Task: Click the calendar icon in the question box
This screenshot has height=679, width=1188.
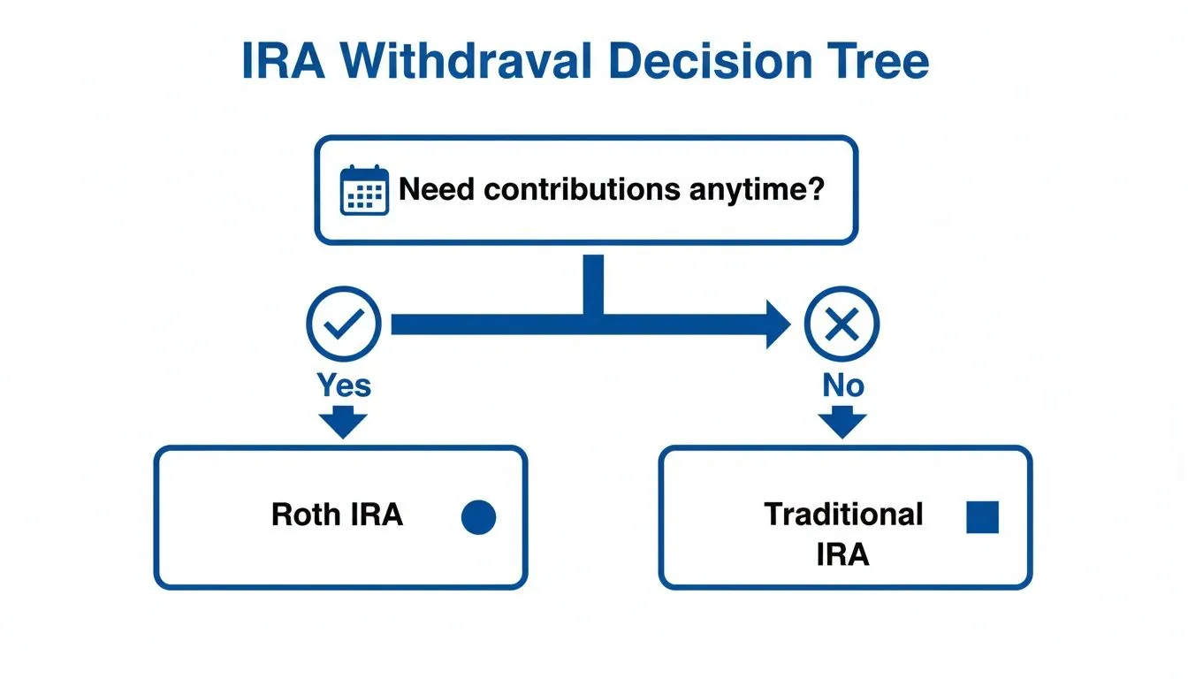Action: (x=364, y=189)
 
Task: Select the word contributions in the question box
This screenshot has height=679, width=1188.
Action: (x=580, y=189)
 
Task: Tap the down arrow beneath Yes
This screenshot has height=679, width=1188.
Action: (x=343, y=422)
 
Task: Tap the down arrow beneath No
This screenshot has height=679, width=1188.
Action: (x=842, y=422)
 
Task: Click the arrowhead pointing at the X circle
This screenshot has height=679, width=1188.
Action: (x=777, y=325)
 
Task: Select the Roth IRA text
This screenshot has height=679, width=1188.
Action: (x=337, y=515)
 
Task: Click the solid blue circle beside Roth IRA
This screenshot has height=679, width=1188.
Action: (x=478, y=517)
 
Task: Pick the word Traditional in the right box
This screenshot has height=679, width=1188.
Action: (x=843, y=514)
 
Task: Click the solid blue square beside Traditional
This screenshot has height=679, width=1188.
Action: (x=982, y=517)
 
